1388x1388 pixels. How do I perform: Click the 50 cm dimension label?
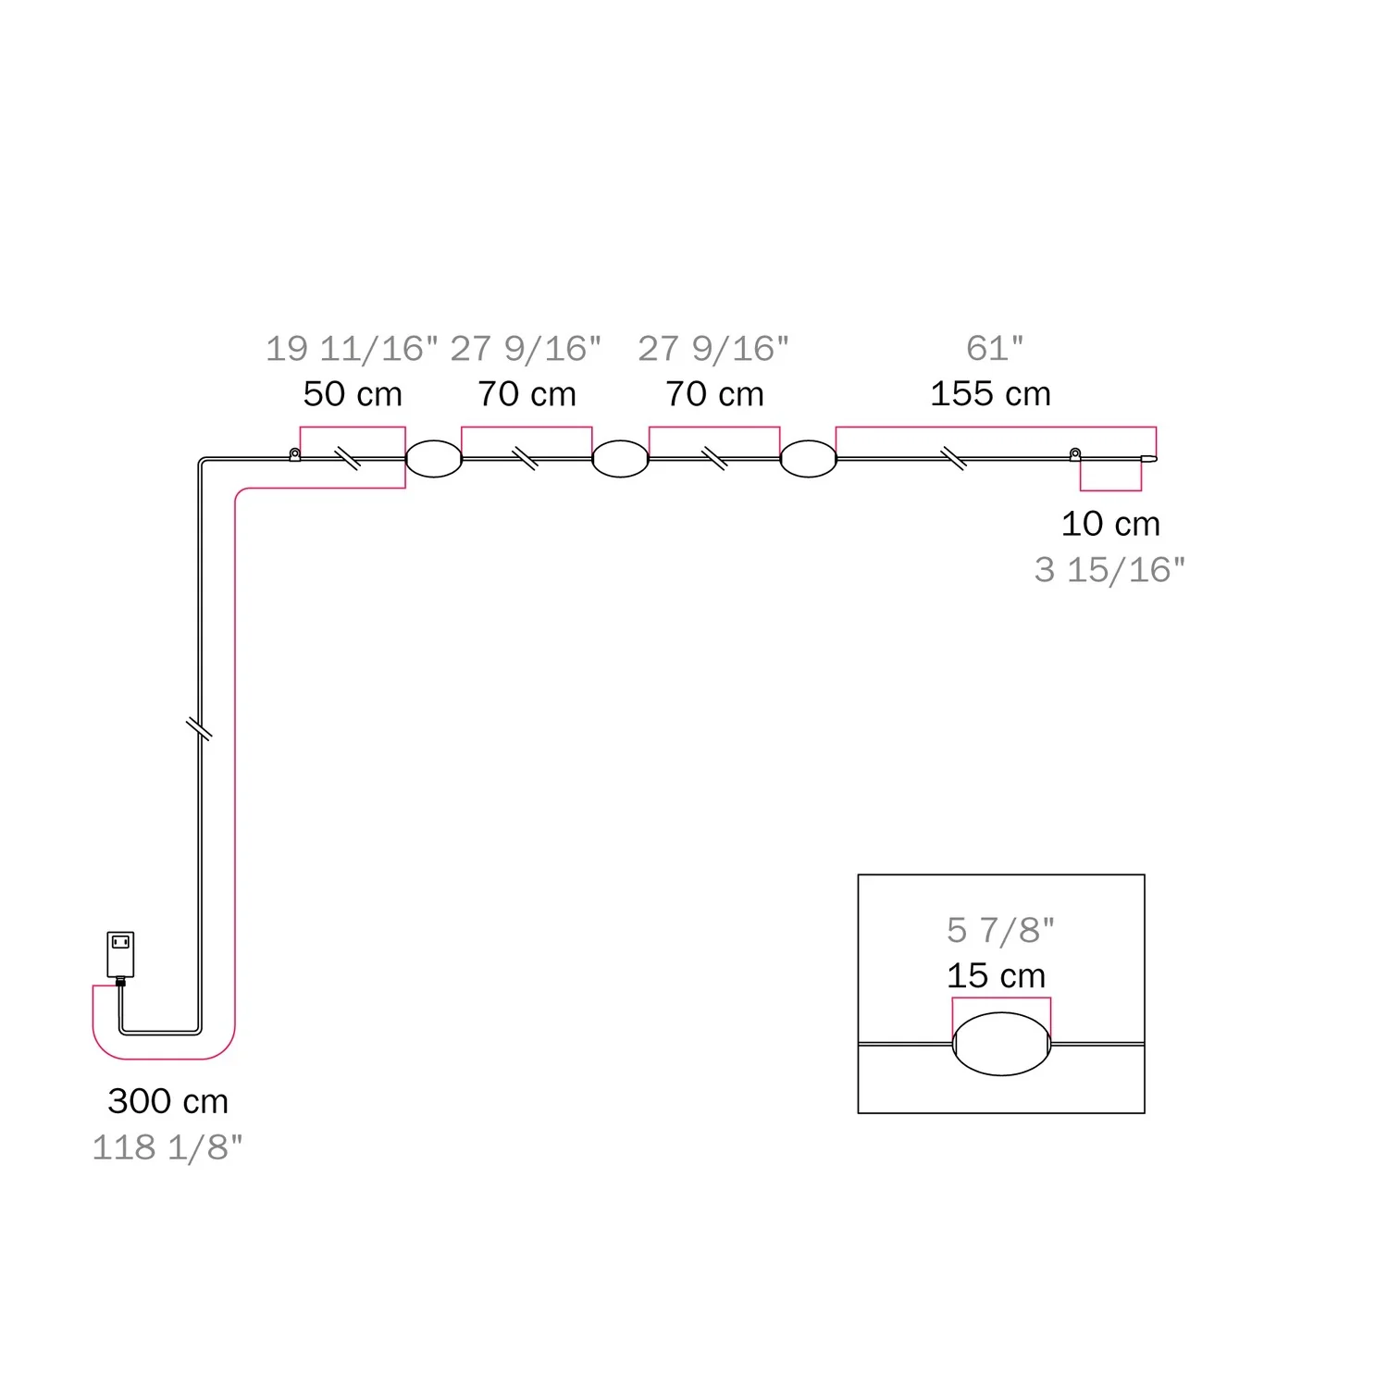tap(353, 394)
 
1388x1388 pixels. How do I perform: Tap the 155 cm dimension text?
tap(990, 394)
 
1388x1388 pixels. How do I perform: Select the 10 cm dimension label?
tap(1110, 524)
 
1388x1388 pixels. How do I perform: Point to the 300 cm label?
tap(168, 1101)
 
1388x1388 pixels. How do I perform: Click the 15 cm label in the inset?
tap(996, 975)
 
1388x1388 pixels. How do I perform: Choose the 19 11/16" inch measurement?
tap(352, 349)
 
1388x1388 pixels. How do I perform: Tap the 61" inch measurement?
tap(995, 348)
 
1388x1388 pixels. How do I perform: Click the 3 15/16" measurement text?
tap(1109, 570)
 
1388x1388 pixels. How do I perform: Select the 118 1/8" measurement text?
tap(167, 1147)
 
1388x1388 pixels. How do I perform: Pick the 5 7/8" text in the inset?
tap(1000, 930)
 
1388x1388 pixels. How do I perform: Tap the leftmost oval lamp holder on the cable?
tap(434, 459)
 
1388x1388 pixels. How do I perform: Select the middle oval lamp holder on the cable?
tap(620, 459)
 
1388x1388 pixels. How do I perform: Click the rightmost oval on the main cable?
tap(808, 459)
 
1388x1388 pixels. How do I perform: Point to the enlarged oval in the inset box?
tap(1001, 1044)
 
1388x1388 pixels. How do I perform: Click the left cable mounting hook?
tap(294, 454)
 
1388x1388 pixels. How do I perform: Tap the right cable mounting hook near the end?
tap(1075, 454)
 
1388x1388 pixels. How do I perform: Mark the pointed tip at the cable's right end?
tap(1157, 458)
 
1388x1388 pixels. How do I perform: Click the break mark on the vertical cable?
tap(199, 728)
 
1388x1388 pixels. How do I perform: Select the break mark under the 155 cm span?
tap(954, 458)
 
